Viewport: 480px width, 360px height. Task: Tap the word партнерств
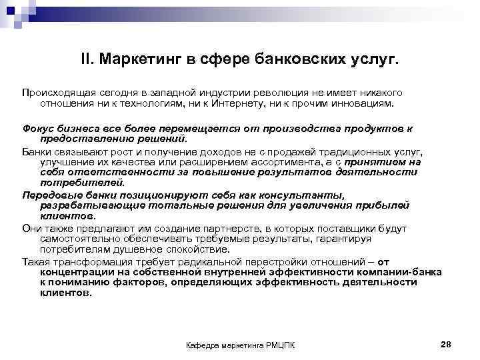(210, 228)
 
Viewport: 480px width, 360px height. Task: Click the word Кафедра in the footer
(201, 345)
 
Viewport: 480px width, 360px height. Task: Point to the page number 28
(446, 343)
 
